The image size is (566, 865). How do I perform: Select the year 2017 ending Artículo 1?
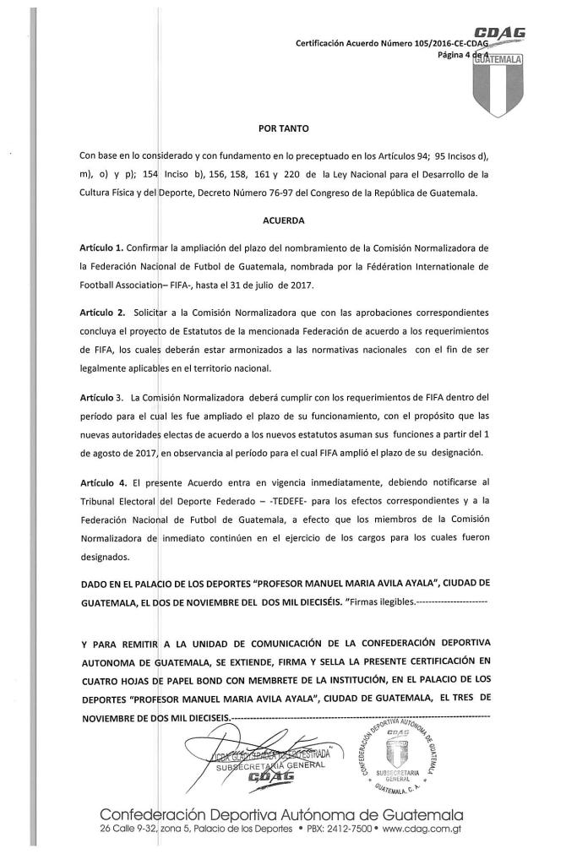(x=375, y=285)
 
